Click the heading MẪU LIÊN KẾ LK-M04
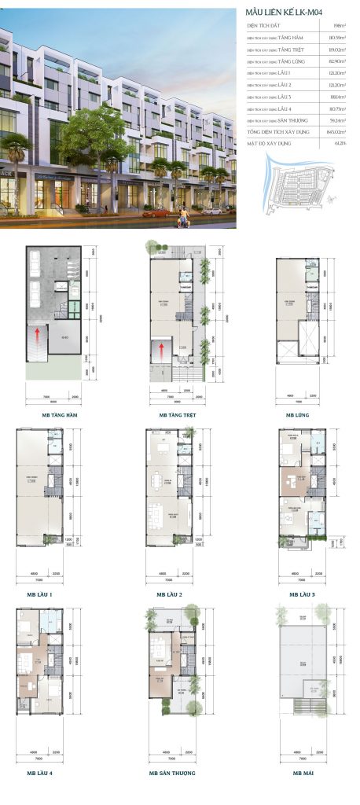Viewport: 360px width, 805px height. click(x=284, y=13)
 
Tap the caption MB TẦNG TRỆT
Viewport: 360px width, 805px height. click(x=176, y=414)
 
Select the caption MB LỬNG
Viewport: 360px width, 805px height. click(x=296, y=414)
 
